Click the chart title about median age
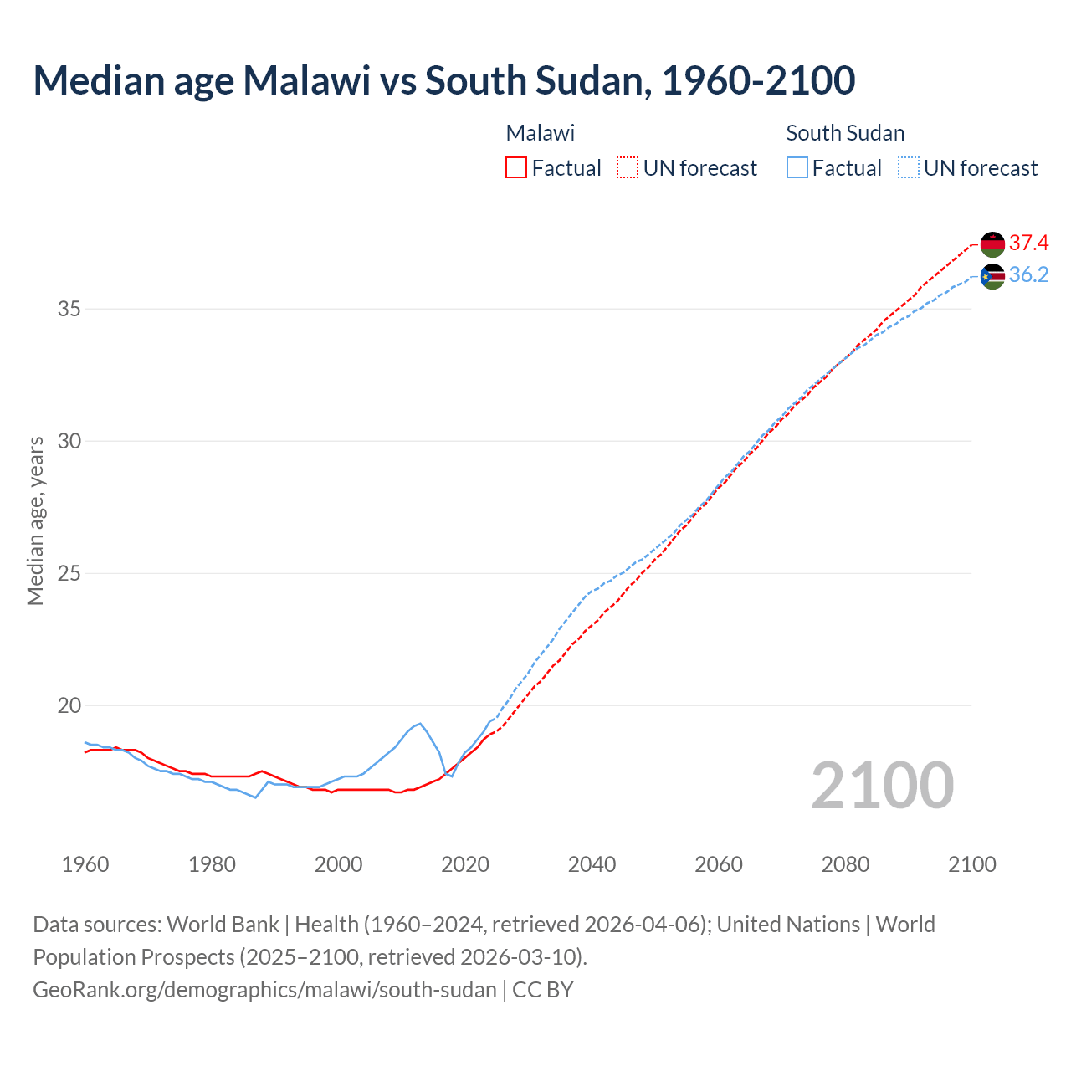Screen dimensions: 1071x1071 tap(443, 80)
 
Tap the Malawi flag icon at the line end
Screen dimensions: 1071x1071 tap(992, 243)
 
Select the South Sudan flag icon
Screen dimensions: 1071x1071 tap(992, 276)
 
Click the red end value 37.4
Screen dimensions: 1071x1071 tap(1028, 243)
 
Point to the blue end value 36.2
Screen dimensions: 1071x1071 tap(1028, 275)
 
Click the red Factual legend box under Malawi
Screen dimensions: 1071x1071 tap(516, 167)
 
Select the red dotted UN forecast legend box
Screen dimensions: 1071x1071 tap(628, 167)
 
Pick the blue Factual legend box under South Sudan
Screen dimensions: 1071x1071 tap(797, 167)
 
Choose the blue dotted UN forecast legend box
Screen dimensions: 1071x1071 tap(908, 167)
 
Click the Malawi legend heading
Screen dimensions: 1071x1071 tap(540, 133)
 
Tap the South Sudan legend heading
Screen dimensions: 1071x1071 tap(845, 133)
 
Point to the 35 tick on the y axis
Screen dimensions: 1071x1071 tap(69, 309)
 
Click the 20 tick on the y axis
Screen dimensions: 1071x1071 tap(69, 705)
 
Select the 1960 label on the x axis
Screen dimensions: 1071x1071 tap(85, 864)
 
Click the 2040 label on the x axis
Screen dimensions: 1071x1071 tap(592, 864)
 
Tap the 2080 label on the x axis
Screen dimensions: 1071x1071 tap(845, 864)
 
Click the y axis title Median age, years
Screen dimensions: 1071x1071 tap(35, 520)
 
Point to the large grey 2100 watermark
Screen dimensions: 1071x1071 tap(882, 785)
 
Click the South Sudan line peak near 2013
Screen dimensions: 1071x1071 tap(419, 724)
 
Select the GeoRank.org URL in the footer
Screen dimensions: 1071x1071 tap(264, 989)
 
